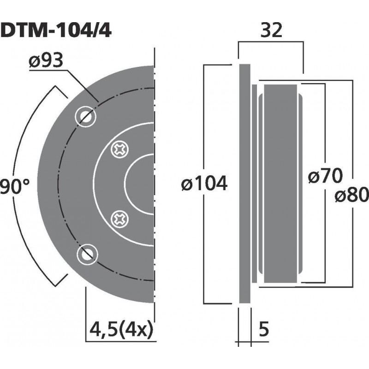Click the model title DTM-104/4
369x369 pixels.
(55, 30)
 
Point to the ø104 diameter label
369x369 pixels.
(204, 184)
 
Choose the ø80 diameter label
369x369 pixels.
(352, 196)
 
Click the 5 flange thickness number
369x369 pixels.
(264, 330)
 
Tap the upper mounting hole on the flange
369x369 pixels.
(86, 116)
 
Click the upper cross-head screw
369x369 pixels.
(121, 149)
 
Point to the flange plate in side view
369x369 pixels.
(244, 184)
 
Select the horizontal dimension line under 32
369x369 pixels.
(271, 42)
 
